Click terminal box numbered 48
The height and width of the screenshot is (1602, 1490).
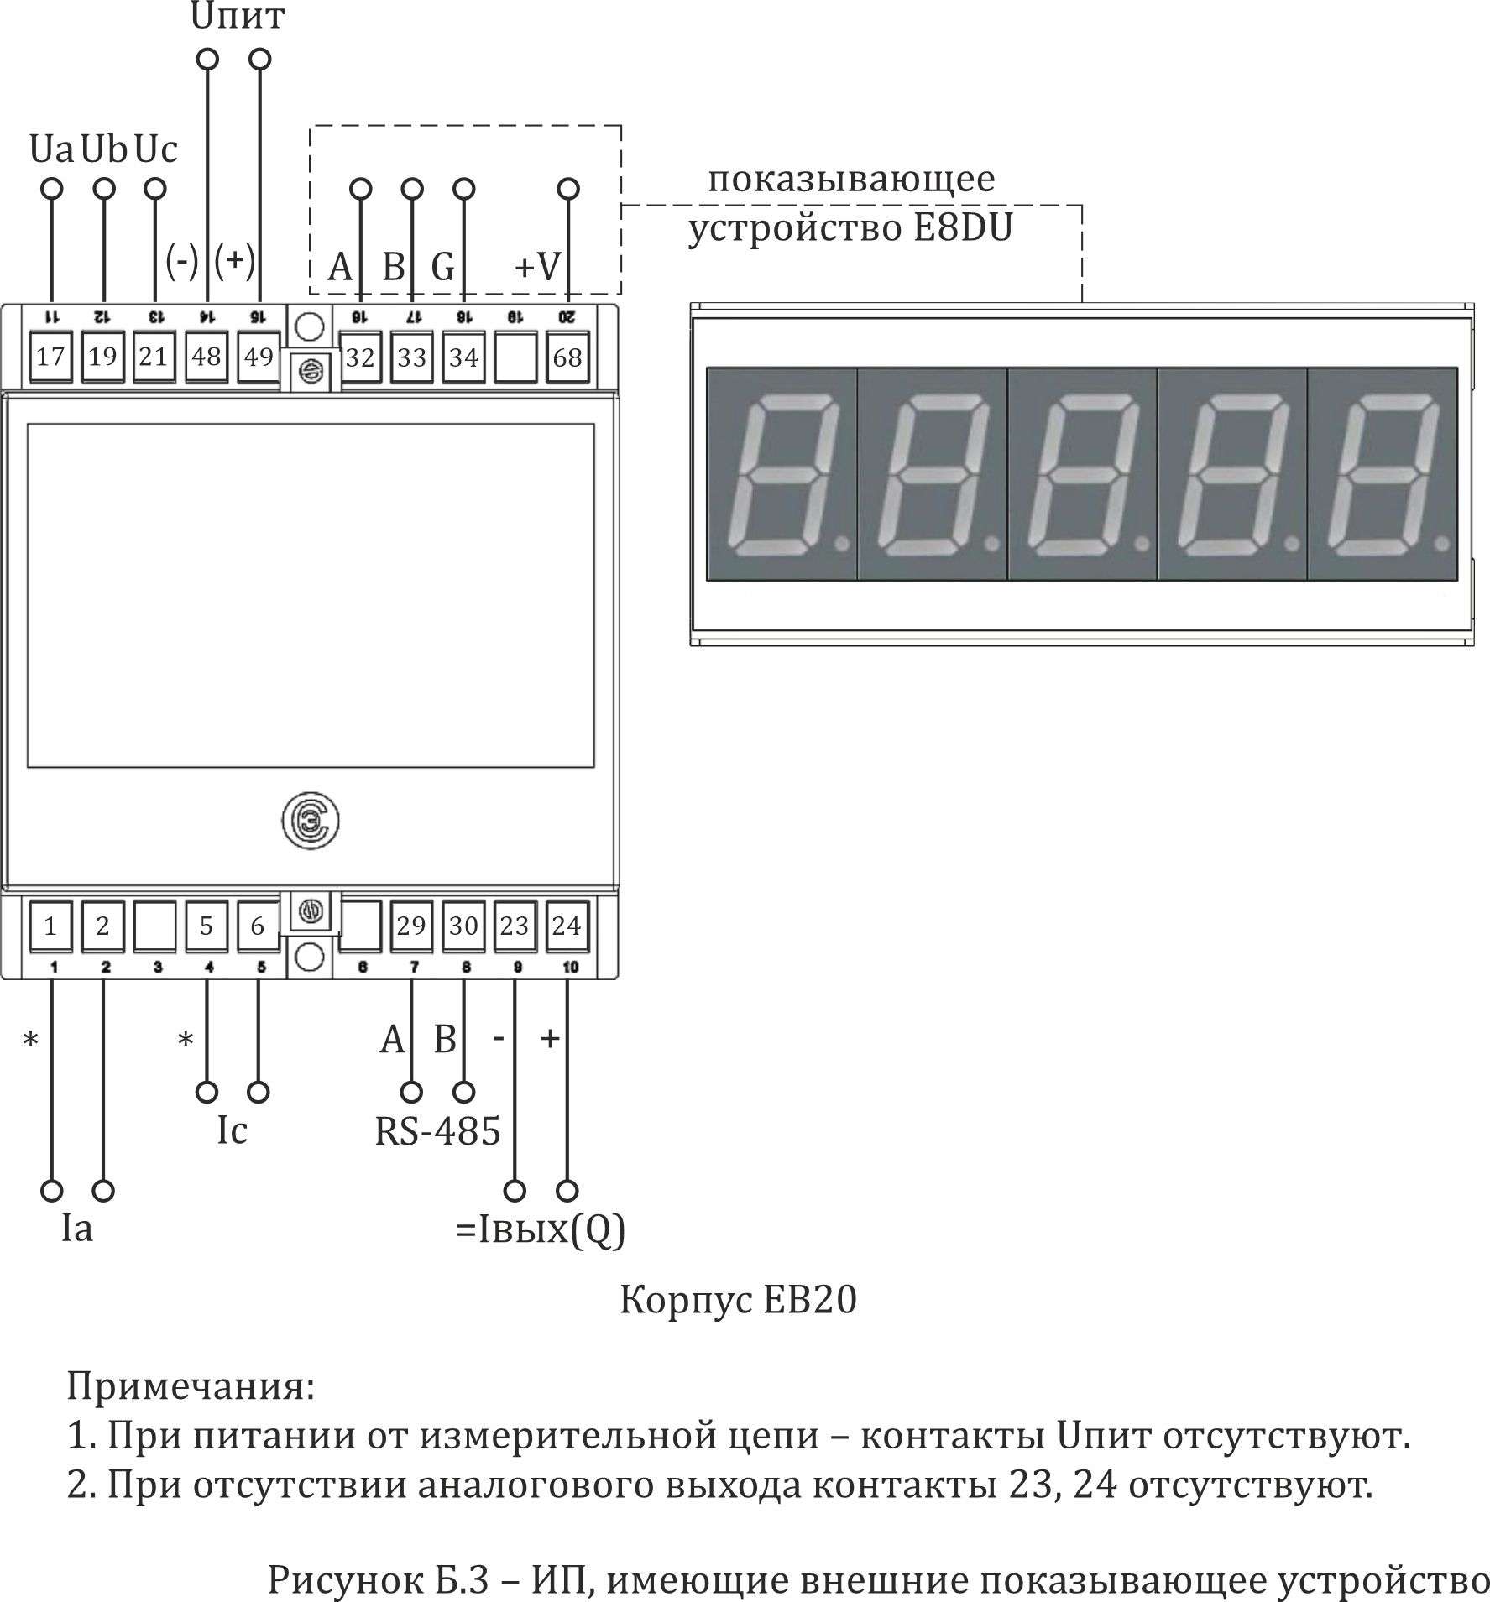206,357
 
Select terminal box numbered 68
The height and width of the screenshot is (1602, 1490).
567,357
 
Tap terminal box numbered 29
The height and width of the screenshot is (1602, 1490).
411,926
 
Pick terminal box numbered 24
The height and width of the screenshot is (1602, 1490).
567,926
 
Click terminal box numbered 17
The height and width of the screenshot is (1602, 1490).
50,357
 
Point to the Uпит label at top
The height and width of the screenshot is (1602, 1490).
238,17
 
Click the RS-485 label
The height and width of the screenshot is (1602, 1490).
437,1130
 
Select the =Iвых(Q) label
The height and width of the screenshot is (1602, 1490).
540,1230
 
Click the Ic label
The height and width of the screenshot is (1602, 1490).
233,1130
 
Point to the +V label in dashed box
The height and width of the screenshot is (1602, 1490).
537,267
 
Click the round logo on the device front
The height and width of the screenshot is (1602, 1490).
311,822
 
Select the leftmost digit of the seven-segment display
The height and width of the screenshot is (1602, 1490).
781,474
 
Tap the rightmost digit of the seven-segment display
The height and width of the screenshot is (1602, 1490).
1382,474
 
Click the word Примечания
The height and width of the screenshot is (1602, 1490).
191,1386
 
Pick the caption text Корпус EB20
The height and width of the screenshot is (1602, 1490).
738,1300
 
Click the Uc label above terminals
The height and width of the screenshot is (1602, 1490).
156,149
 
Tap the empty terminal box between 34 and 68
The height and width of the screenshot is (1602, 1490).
515,357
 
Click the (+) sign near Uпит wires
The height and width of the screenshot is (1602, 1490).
234,260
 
